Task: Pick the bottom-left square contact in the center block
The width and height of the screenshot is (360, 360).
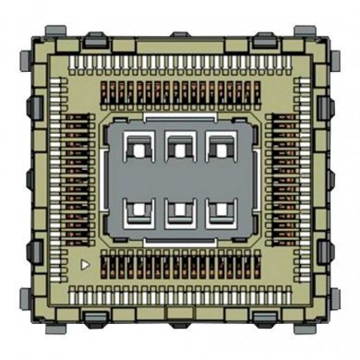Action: click(x=138, y=211)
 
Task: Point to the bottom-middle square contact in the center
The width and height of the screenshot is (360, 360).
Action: click(x=179, y=211)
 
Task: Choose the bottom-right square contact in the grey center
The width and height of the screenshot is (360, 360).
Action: click(x=220, y=211)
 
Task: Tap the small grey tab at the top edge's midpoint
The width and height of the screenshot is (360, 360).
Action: click(x=179, y=34)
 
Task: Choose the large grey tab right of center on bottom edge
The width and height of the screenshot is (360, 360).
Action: click(x=264, y=319)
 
